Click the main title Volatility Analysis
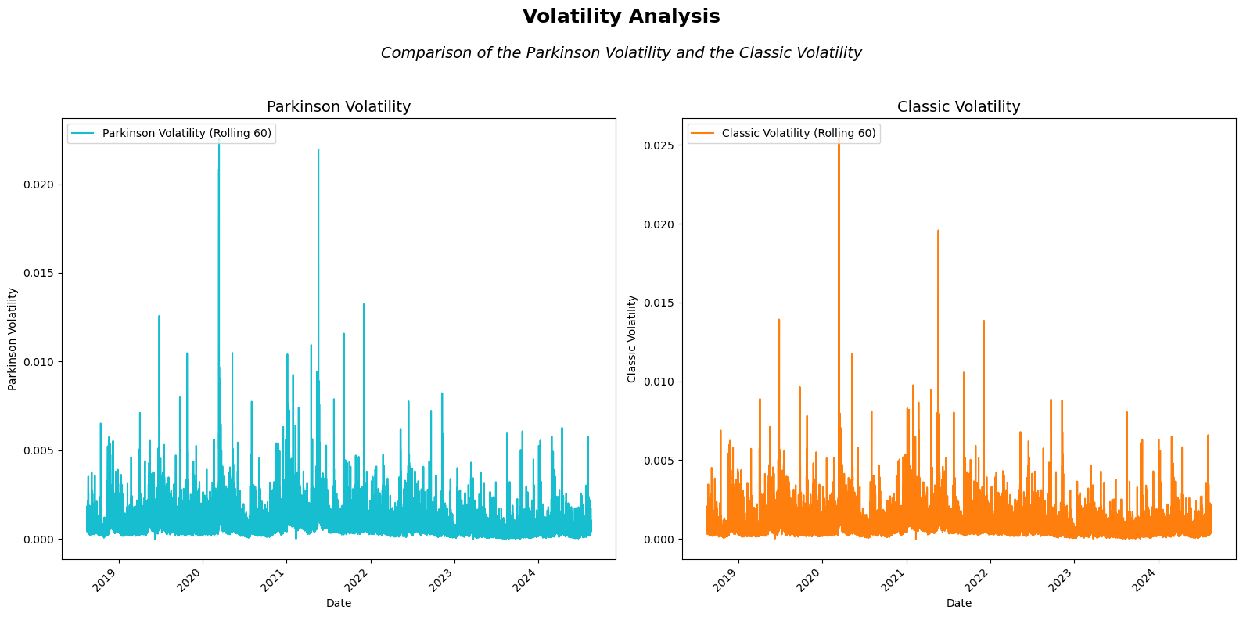tap(621, 16)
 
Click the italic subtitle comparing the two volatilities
tap(621, 53)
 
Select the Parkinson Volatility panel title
tap(338, 106)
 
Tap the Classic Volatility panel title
tap(958, 106)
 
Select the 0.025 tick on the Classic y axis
tap(659, 145)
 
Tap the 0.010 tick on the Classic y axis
tap(659, 382)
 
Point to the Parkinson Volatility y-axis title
tap(13, 339)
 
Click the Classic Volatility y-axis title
tap(632, 339)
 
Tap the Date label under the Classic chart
tap(958, 603)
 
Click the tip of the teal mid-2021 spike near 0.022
tap(318, 149)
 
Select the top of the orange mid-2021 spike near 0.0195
tap(938, 231)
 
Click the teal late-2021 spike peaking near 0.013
tap(364, 304)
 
